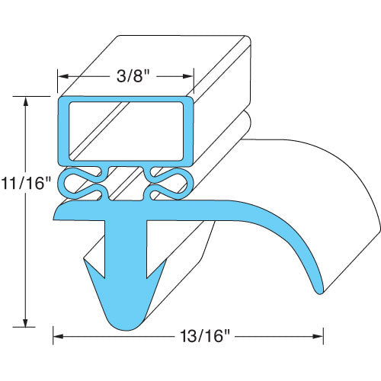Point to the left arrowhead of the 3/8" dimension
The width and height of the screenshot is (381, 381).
pyautogui.click(x=63, y=77)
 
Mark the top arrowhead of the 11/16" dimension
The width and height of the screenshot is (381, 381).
pyautogui.click(x=28, y=101)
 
